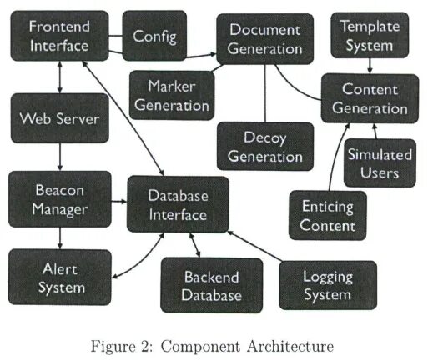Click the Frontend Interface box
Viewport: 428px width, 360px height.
59,36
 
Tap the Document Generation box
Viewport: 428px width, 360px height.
265,39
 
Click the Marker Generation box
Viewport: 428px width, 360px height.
178,95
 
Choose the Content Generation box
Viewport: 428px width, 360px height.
370,98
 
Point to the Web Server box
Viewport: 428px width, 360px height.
59,119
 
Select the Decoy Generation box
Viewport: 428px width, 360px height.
265,147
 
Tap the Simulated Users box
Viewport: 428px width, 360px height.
380,163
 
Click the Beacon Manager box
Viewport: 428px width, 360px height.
59,199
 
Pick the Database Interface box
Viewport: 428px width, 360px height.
178,205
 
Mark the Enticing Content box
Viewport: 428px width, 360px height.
327,215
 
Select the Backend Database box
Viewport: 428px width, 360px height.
211,286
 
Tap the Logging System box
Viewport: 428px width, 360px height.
327,286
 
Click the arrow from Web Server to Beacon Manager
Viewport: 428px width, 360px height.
59,157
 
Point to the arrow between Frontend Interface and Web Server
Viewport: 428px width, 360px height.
59,77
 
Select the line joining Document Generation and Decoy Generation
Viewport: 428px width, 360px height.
265,92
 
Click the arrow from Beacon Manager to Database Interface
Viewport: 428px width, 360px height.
118,201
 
